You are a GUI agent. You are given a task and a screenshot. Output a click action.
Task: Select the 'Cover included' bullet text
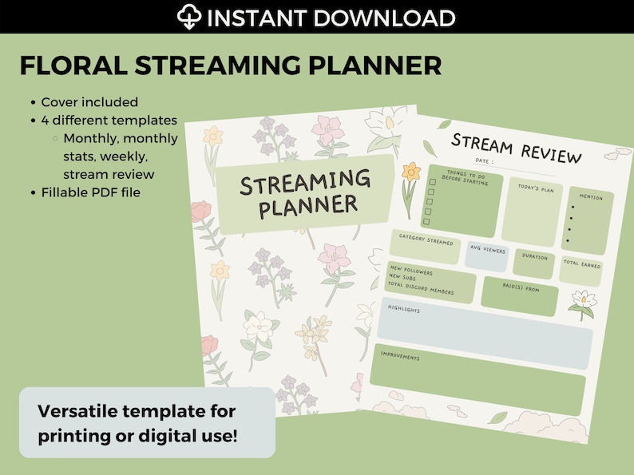[89, 102]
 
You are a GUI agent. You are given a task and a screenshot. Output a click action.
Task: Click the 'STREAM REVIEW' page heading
[517, 148]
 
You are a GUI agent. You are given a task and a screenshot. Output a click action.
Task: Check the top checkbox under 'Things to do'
[432, 182]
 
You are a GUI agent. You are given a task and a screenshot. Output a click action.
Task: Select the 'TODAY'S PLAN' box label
[536, 188]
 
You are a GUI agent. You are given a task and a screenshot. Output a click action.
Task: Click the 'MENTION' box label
[591, 197]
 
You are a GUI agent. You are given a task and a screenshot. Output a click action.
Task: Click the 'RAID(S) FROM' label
[520, 291]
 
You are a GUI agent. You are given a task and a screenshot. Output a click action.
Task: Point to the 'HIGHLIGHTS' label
[404, 307]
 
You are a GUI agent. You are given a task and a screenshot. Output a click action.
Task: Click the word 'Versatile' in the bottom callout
[73, 412]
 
